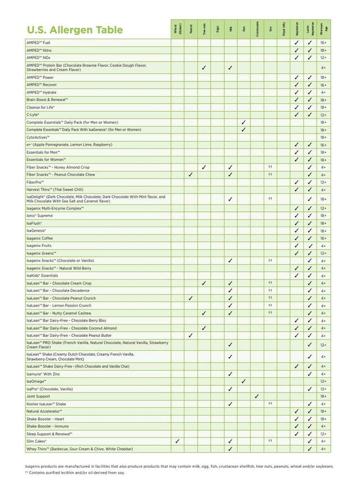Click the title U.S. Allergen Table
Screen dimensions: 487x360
point(74,30)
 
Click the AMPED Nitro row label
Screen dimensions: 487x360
point(39,50)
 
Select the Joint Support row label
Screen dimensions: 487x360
point(38,396)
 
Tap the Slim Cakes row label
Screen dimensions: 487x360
point(37,441)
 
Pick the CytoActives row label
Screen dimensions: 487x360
point(38,137)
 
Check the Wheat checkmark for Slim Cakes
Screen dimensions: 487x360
point(177,441)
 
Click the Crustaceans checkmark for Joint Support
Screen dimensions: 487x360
point(256,396)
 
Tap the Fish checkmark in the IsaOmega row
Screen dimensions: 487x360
point(244,381)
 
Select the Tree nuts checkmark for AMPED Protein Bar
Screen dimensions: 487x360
point(204,67)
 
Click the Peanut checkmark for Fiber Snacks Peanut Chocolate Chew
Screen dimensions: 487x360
point(191,174)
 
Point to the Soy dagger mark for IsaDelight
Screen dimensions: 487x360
point(270,199)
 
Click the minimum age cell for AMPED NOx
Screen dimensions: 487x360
point(323,57)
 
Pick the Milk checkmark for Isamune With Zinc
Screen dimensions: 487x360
point(230,373)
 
